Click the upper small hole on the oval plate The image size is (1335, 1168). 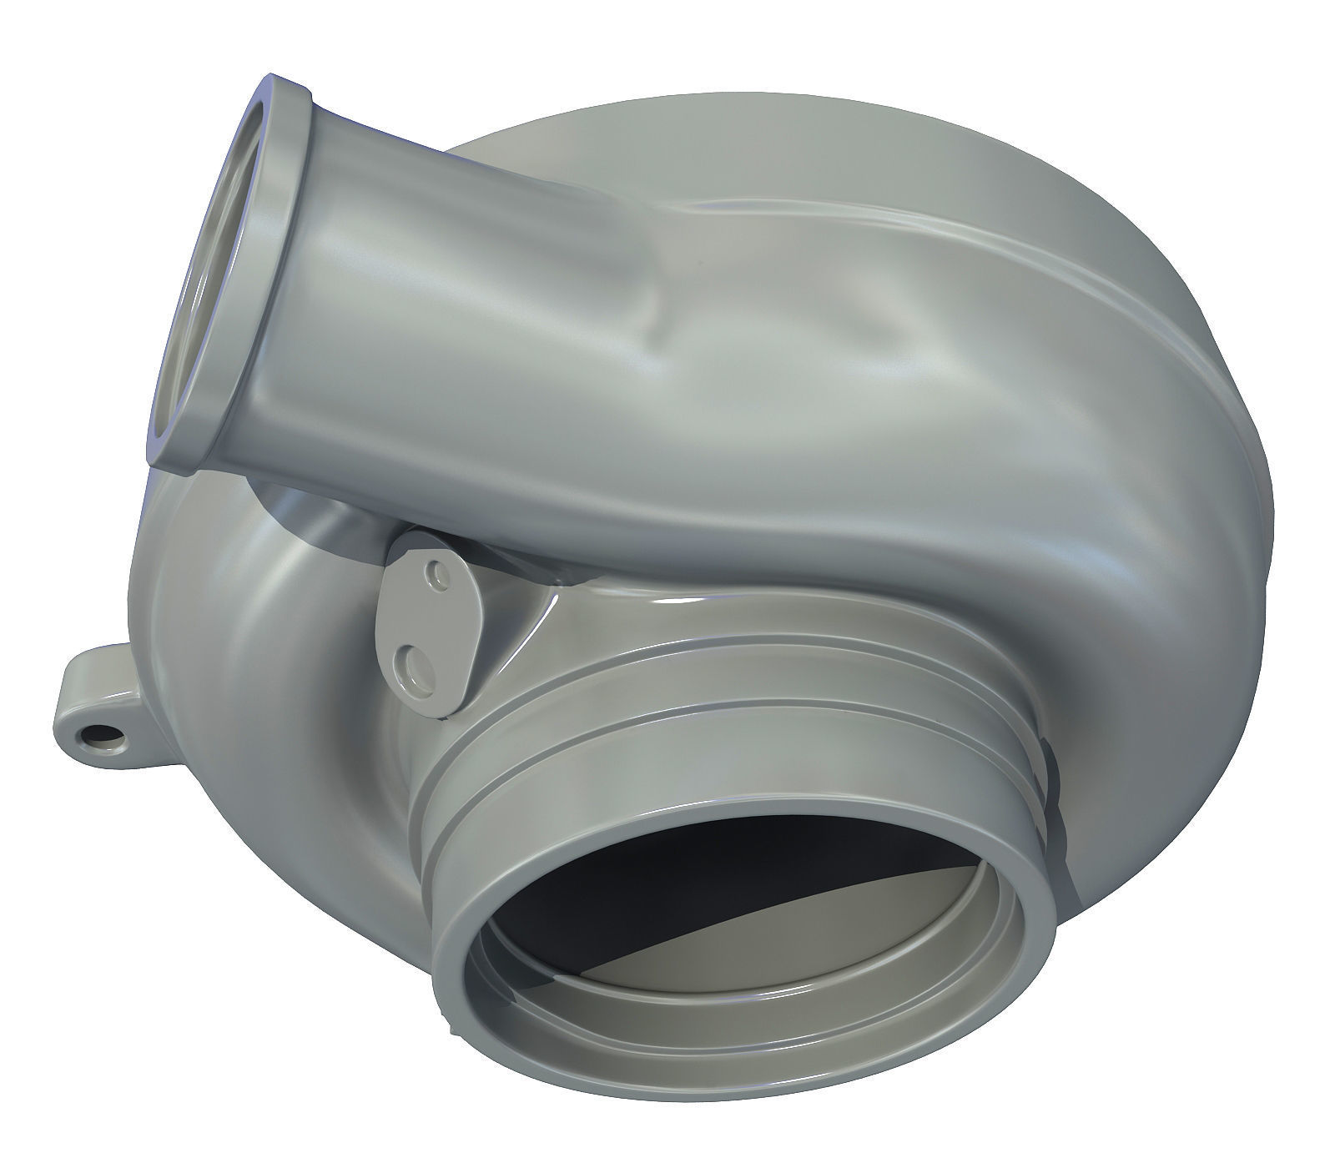click(431, 574)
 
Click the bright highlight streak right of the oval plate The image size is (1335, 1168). click(534, 626)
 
